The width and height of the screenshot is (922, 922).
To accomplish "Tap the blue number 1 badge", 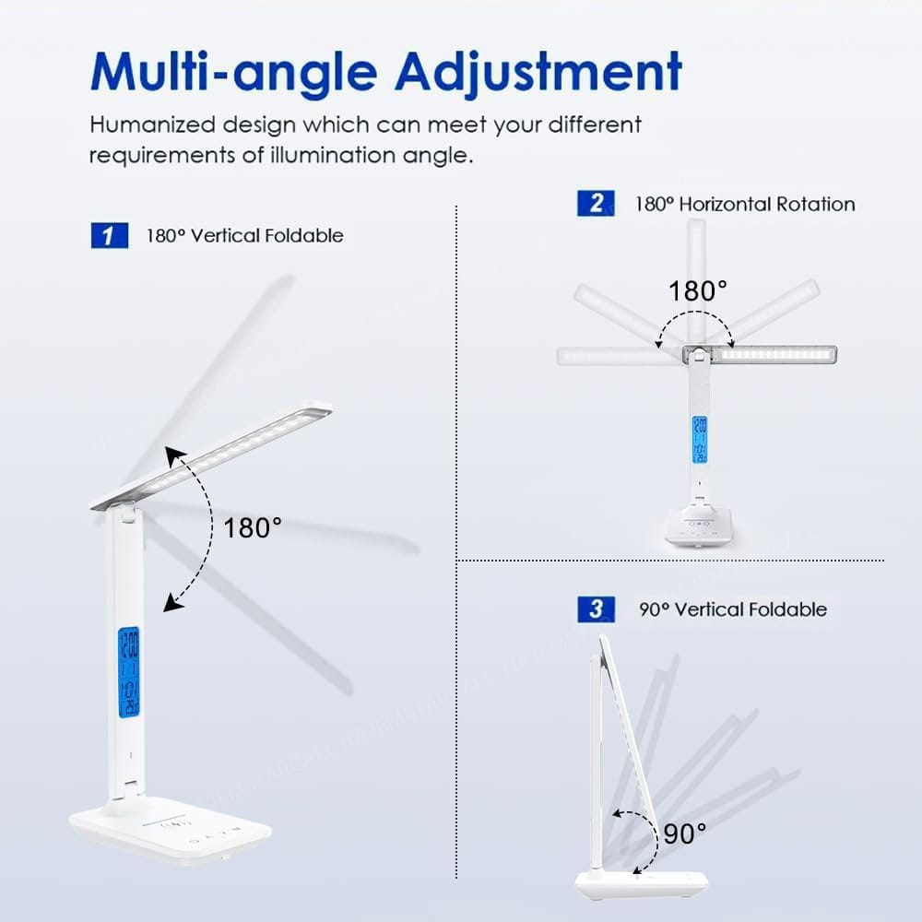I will (x=110, y=235).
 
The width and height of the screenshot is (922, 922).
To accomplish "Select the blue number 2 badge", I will (x=596, y=203).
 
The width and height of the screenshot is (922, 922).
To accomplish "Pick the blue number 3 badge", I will (x=596, y=609).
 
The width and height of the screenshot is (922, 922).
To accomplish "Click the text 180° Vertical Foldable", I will (x=244, y=235).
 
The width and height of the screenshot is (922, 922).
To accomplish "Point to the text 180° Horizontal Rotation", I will (x=745, y=204).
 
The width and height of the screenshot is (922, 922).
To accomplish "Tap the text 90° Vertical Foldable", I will (x=733, y=609).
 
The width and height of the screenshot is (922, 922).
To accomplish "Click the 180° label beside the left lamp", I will (x=253, y=528).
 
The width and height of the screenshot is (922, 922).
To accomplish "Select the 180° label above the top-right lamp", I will (x=698, y=291).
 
